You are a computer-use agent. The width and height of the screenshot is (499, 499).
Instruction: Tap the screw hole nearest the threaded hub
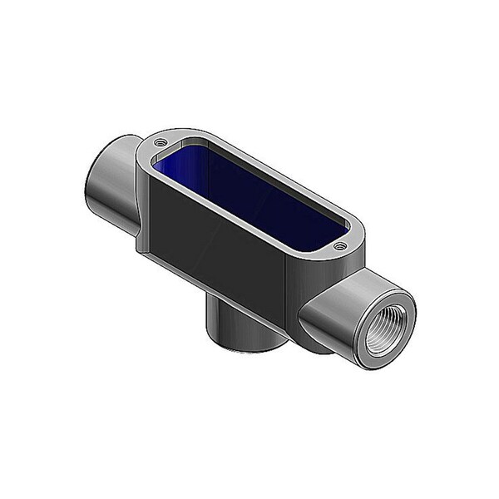click(x=338, y=245)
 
